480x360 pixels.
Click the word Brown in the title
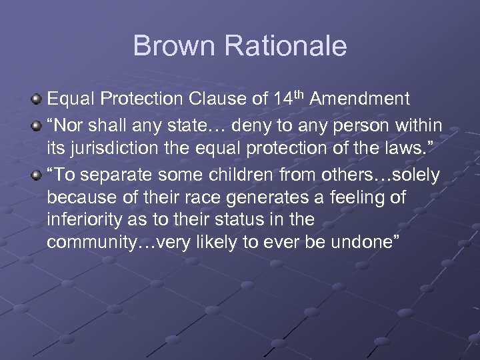tap(175, 46)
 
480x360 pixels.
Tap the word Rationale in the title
tap(285, 46)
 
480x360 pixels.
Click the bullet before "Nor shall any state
tap(37, 126)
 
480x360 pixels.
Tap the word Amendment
tap(360, 100)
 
